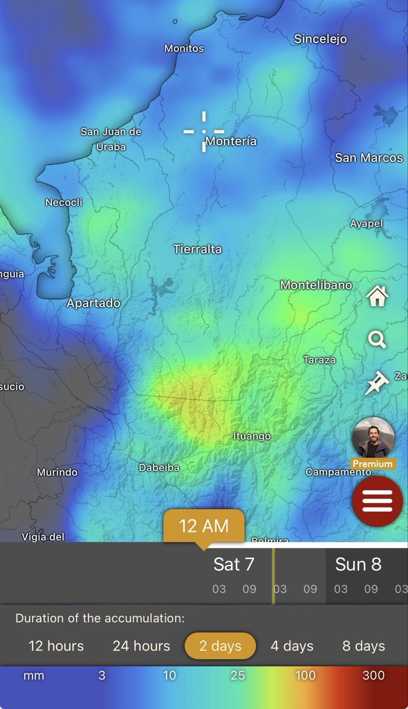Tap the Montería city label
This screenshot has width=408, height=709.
[x=231, y=142]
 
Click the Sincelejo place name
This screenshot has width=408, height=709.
[x=321, y=40]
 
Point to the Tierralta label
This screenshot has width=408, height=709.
[x=197, y=249]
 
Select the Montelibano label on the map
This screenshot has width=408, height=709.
[x=316, y=285]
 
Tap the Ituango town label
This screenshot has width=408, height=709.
[x=252, y=437]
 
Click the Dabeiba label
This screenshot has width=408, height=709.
[x=159, y=468]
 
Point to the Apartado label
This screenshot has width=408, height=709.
[x=93, y=304]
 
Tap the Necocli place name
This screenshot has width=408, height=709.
[x=64, y=203]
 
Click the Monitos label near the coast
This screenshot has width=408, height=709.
[x=184, y=48]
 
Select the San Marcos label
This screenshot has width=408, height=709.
[x=369, y=158]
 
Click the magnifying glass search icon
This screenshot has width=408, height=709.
[x=377, y=340]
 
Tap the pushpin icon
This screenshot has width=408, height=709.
[x=376, y=383]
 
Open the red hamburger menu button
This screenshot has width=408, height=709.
[x=377, y=501]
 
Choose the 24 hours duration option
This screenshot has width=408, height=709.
[x=141, y=646]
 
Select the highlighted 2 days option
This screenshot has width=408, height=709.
[x=220, y=646]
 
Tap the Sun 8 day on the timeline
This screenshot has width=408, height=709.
[x=358, y=565]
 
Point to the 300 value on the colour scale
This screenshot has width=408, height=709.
[x=373, y=675]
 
